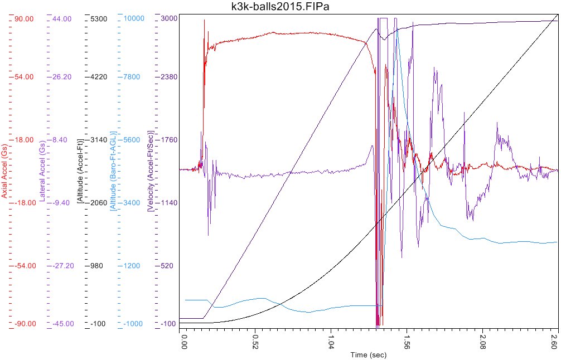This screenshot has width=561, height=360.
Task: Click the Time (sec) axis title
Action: coord(368,355)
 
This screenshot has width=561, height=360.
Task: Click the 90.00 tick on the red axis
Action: coord(23,19)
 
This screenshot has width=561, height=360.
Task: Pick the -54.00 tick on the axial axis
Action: coord(23,266)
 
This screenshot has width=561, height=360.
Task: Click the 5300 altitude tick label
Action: coord(98,19)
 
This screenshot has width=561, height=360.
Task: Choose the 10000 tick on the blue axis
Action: coord(133,19)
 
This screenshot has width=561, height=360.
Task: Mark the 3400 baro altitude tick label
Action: coord(133,203)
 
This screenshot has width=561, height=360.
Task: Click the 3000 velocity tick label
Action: coord(169,19)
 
